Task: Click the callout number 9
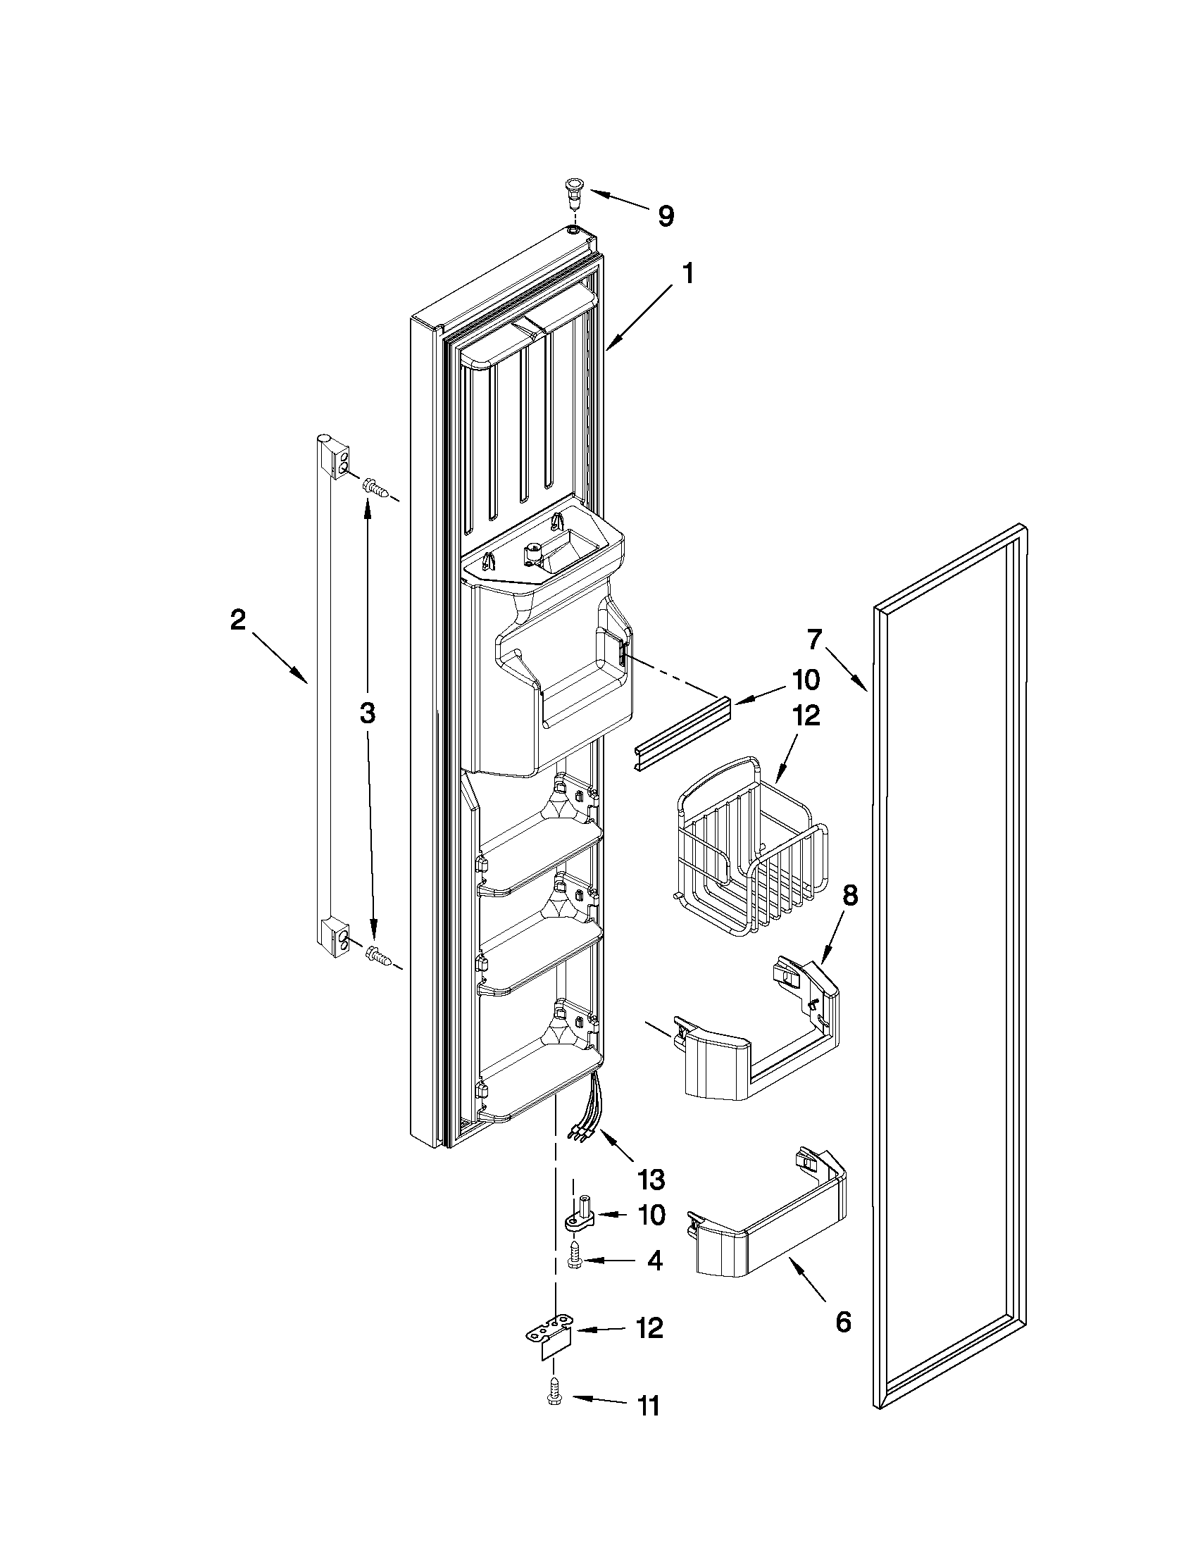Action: click(x=665, y=215)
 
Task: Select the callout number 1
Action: click(x=687, y=275)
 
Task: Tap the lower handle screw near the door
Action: click(x=377, y=958)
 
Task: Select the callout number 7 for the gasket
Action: click(x=813, y=639)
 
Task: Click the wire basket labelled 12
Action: click(x=749, y=851)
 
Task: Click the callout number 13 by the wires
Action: click(x=651, y=1179)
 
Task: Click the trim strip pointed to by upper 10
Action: click(x=680, y=731)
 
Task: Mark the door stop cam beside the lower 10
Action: click(x=580, y=1216)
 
